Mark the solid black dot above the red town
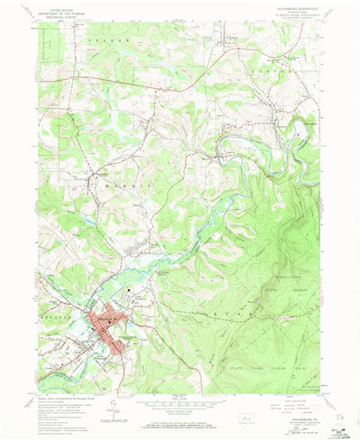[132, 291]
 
